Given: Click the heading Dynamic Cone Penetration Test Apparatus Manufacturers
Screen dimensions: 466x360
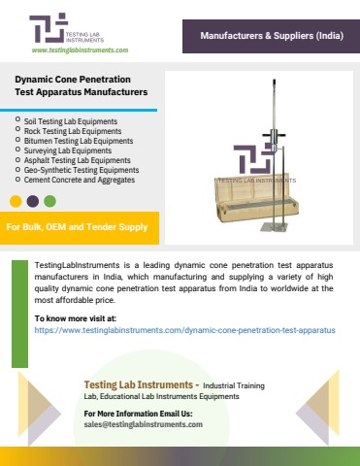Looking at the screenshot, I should (x=82, y=87).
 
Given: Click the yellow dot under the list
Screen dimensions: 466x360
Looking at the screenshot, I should (x=16, y=201).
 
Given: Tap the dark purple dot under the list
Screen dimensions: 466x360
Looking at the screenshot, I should (x=32, y=201).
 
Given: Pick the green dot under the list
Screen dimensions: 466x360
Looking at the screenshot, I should (x=49, y=201).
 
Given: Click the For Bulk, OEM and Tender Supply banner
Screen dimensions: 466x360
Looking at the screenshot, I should (x=78, y=228).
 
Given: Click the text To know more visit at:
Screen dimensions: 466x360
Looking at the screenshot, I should (x=75, y=318).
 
